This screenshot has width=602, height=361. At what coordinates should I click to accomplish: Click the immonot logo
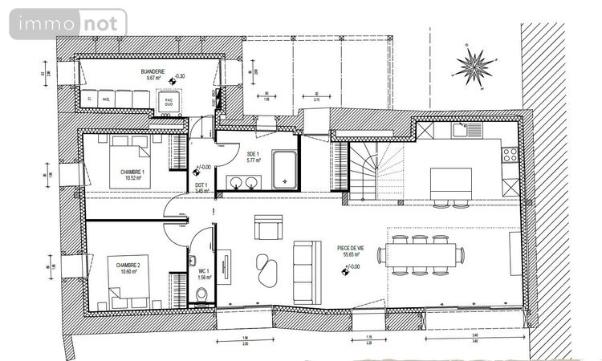67,23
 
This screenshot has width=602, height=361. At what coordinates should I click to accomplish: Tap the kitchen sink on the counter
461,129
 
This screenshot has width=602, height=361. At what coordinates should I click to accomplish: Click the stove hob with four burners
510,152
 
